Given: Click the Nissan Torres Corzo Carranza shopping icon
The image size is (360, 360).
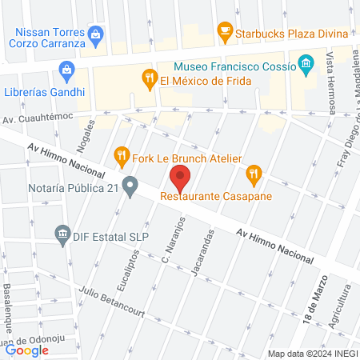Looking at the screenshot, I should [x=96, y=33].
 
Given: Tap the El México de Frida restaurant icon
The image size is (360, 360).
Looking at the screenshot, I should [x=148, y=78].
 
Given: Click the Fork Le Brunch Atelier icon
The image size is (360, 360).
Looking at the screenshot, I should [x=122, y=154].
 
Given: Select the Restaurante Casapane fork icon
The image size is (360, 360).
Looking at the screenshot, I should [x=254, y=171].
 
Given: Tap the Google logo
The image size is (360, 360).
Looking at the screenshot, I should [x=27, y=350].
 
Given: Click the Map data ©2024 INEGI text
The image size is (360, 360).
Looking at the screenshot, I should [x=311, y=353].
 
